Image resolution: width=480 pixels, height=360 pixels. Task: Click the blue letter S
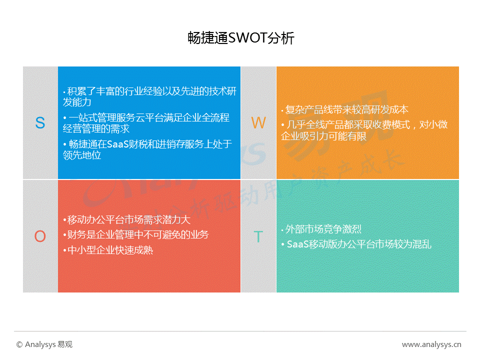coord(40,123)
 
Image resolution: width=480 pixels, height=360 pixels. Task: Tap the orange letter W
coord(258,123)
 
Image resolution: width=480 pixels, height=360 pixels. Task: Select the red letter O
coord(40,236)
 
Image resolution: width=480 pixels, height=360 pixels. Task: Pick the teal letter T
coord(258,236)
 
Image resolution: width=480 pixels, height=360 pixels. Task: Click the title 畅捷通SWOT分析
coord(241,38)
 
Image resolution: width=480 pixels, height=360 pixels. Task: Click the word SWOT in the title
coord(247,38)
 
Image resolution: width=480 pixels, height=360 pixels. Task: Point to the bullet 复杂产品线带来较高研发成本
coord(344,109)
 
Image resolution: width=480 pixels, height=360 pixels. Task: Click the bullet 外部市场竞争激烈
coord(321,229)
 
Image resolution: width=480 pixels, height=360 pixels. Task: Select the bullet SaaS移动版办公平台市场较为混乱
coord(356,244)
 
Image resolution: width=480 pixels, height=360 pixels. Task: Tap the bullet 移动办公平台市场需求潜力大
coord(126,220)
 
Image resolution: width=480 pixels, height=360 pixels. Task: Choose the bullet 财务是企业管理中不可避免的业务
coord(136,235)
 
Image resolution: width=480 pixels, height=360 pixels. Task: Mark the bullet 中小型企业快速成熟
coord(108,250)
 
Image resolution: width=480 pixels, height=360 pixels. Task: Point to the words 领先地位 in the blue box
coord(82,155)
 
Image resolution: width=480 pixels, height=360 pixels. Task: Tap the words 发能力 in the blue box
coord(77,102)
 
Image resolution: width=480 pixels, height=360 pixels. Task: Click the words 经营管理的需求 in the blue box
coord(96,128)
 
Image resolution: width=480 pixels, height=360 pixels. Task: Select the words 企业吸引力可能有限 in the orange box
coord(323,136)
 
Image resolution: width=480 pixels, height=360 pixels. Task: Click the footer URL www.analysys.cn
coord(431,344)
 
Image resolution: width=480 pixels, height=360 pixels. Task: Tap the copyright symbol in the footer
coord(19,344)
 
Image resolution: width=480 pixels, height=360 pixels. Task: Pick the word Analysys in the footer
coord(40,344)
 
